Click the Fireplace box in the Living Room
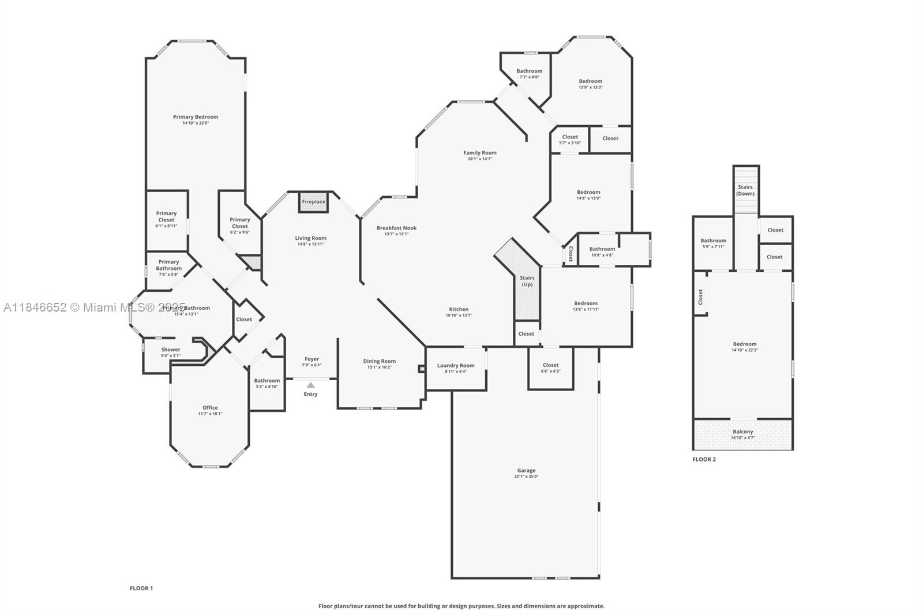[314, 202]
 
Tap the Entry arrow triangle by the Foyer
[311, 385]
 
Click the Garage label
[526, 470]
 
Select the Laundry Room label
[456, 365]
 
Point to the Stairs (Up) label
[527, 281]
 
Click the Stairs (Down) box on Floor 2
[745, 190]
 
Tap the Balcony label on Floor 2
[743, 432]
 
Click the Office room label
[210, 407]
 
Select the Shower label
[171, 350]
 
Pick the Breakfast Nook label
[396, 228]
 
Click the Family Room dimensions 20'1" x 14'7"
[480, 159]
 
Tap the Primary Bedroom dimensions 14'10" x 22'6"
[196, 123]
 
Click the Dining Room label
[380, 361]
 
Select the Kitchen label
[459, 309]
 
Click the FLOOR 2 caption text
[704, 459]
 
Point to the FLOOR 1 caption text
[141, 588]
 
